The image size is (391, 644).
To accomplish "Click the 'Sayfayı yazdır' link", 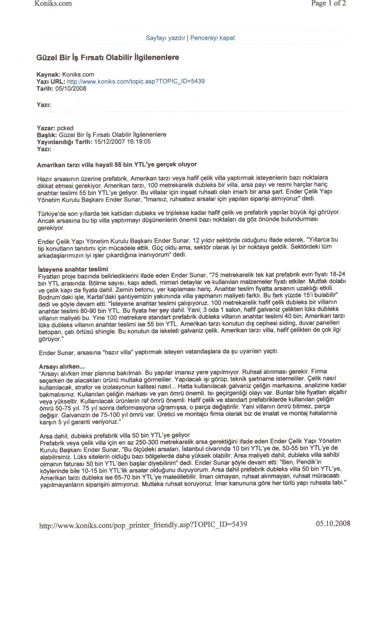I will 165,38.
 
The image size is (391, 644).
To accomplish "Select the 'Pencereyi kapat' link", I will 213,38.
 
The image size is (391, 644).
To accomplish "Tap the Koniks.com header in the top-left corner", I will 53,4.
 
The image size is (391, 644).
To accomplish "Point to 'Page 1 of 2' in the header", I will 328,3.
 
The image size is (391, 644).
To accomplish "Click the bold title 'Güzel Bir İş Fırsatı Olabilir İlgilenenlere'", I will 108,58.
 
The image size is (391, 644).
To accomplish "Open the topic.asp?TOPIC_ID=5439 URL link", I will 136,81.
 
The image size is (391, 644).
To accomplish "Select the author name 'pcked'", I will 65,128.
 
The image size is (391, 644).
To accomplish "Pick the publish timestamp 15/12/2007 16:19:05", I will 122,142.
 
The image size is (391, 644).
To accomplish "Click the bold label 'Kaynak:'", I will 48,75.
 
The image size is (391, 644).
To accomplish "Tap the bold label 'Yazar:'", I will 46,128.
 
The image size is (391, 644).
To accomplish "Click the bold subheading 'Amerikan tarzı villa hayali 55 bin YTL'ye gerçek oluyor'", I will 117,165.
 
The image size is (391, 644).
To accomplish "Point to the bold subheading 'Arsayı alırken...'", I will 62,367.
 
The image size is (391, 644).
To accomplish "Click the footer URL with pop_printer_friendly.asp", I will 143,525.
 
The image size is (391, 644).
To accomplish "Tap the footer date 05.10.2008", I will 333,523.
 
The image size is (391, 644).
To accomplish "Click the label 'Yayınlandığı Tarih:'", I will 64,142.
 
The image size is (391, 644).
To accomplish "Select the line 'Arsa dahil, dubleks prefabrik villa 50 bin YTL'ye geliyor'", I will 115,435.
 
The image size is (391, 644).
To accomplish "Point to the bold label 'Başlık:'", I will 47,135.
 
